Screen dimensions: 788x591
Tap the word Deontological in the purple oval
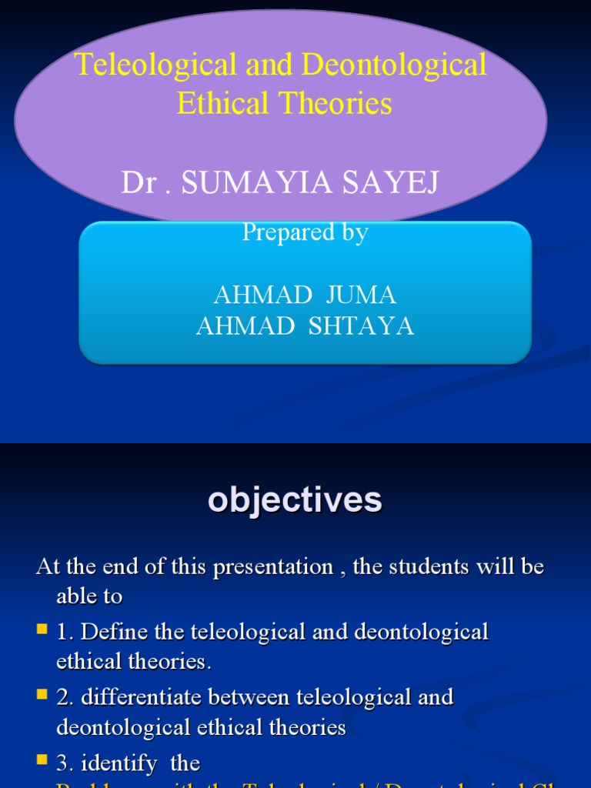[x=395, y=65]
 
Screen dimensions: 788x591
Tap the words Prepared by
[x=305, y=232]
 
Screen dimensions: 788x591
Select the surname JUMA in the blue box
[x=361, y=295]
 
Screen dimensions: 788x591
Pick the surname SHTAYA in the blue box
[x=361, y=326]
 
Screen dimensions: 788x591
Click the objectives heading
[x=295, y=500]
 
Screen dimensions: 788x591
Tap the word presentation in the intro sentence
[x=273, y=568]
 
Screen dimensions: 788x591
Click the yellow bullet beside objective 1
[x=42, y=630]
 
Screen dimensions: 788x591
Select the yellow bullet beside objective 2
[x=42, y=696]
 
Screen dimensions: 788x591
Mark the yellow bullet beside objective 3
[x=42, y=760]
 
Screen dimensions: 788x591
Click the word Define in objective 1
[x=107, y=633]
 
